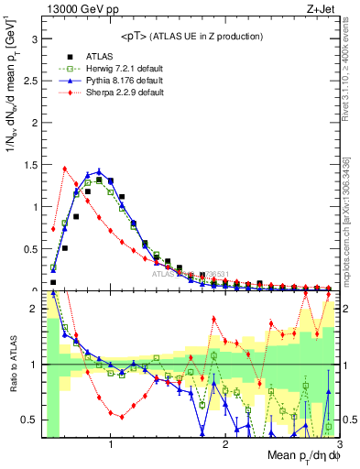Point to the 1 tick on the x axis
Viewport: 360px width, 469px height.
111,444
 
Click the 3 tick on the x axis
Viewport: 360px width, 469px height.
338,444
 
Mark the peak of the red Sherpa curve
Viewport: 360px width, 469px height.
64,168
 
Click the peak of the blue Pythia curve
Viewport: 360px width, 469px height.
99,171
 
